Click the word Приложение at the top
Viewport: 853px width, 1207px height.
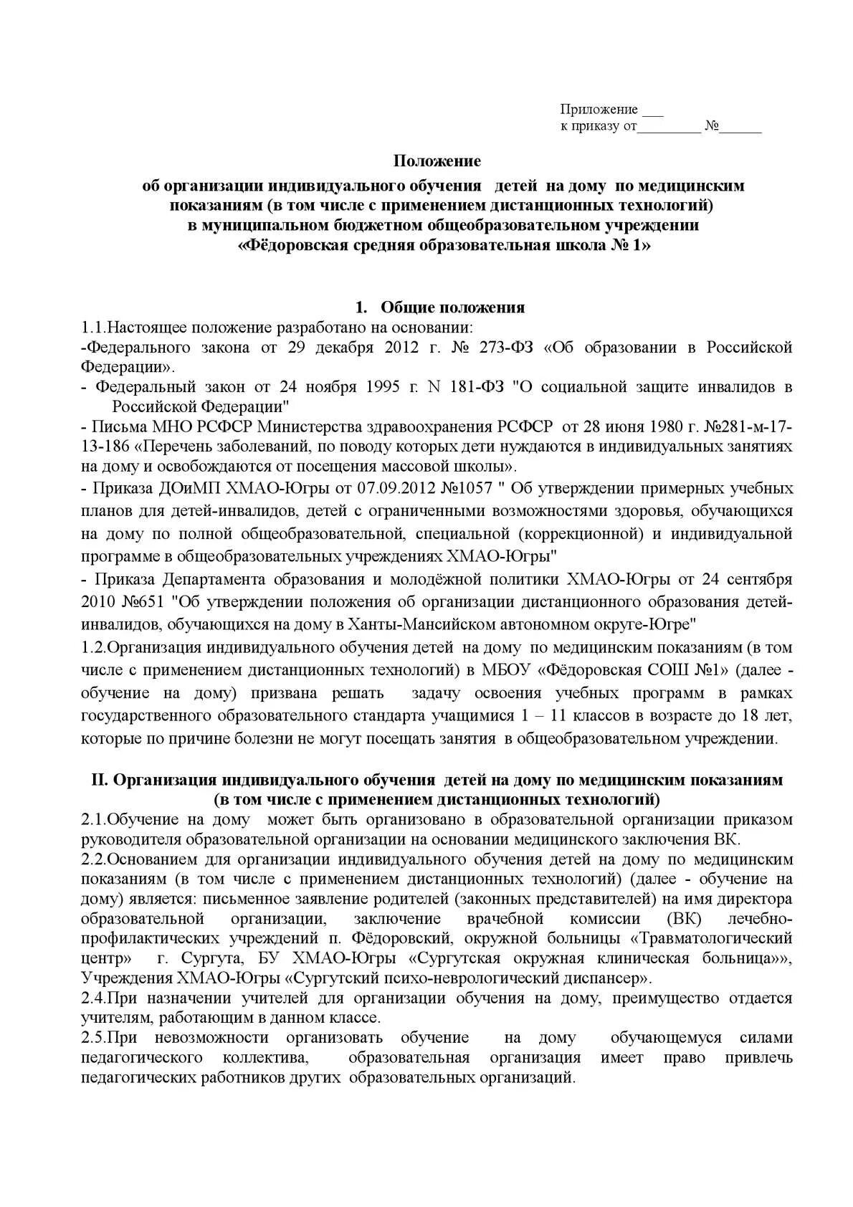pos(599,110)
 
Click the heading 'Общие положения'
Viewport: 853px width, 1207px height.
pos(452,307)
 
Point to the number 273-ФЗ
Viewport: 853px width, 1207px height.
pos(509,348)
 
